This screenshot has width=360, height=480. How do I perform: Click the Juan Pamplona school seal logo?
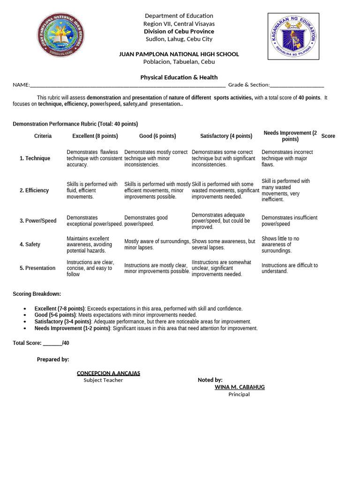(x=61, y=35)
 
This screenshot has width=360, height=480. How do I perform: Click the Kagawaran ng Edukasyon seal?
(x=293, y=37)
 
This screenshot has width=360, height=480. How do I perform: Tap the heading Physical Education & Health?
(x=179, y=77)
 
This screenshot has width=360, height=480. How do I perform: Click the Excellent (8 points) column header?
(x=95, y=136)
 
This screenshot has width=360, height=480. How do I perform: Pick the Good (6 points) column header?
(x=157, y=136)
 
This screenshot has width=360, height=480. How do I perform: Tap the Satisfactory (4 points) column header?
(x=226, y=136)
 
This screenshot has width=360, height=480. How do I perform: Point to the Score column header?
(x=328, y=136)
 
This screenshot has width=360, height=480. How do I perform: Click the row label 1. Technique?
(x=35, y=158)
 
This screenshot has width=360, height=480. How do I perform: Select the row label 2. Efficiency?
(x=34, y=190)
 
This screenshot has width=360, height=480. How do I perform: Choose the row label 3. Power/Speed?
(x=38, y=221)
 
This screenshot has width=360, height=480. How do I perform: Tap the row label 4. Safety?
(x=30, y=244)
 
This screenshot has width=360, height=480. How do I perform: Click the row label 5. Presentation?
(x=37, y=268)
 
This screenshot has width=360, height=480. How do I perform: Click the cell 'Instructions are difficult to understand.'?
(x=289, y=268)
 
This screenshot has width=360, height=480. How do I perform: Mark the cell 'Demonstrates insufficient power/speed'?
(x=289, y=221)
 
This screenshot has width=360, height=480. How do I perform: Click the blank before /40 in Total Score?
(x=52, y=343)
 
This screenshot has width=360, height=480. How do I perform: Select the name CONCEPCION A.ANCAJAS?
(x=108, y=373)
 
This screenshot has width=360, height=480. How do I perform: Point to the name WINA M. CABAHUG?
(x=240, y=387)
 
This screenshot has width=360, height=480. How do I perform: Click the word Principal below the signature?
(x=239, y=394)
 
